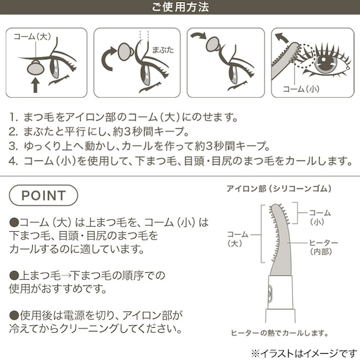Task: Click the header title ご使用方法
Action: [x=180, y=8]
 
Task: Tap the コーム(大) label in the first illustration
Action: [x=32, y=37]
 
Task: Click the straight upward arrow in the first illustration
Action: [x=35, y=83]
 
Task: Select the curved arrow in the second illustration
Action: [x=108, y=61]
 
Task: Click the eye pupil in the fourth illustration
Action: [x=325, y=63]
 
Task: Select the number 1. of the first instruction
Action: [x=14, y=117]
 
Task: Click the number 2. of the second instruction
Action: [x=14, y=131]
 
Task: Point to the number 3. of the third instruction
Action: [x=14, y=145]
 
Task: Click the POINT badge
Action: [x=44, y=195]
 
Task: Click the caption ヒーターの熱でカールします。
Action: [x=279, y=333]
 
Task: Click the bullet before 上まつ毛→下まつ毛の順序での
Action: [x=14, y=275]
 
